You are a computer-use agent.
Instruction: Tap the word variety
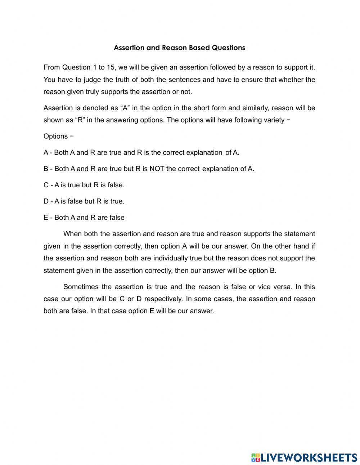pyautogui.click(x=272, y=120)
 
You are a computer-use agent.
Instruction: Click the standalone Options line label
pyautogui.click(x=55, y=137)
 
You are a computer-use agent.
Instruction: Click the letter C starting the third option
pyautogui.click(x=46, y=185)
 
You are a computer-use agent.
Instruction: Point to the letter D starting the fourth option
pyautogui.click(x=46, y=201)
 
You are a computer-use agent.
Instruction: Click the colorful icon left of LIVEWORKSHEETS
pyautogui.click(x=255, y=457)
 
